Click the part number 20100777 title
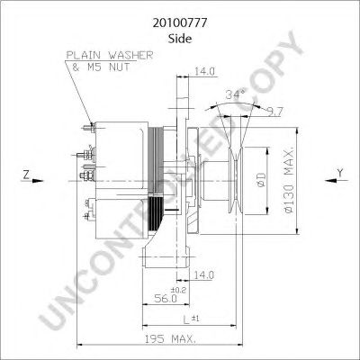click(x=180, y=22)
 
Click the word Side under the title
click(x=180, y=39)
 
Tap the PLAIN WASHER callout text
click(x=110, y=55)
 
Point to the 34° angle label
click(x=236, y=94)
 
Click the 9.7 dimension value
click(x=275, y=112)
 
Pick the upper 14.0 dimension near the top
click(x=205, y=71)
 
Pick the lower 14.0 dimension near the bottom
click(x=203, y=274)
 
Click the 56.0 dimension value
click(x=166, y=298)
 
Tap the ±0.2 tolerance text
click(x=178, y=290)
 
